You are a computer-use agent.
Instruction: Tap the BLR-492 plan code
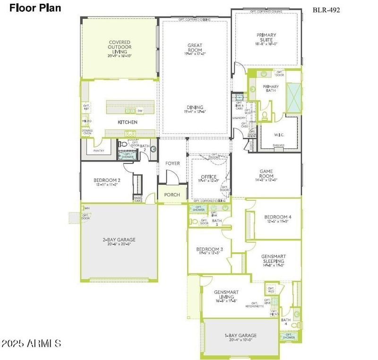pos(326,9)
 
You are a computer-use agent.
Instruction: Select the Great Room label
pos(195,48)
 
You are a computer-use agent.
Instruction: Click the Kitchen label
pos(127,122)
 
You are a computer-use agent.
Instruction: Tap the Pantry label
pos(99,151)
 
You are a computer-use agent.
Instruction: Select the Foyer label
pos(172,163)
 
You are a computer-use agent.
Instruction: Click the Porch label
pos(172,195)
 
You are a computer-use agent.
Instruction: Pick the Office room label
pos(208,177)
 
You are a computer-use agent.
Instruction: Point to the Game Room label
pos(267,174)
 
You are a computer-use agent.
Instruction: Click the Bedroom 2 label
pos(107,181)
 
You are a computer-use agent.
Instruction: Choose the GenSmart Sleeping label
pos(274,259)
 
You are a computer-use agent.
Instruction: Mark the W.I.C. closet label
pos(278,134)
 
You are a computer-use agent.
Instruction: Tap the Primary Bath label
pos(271,88)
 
